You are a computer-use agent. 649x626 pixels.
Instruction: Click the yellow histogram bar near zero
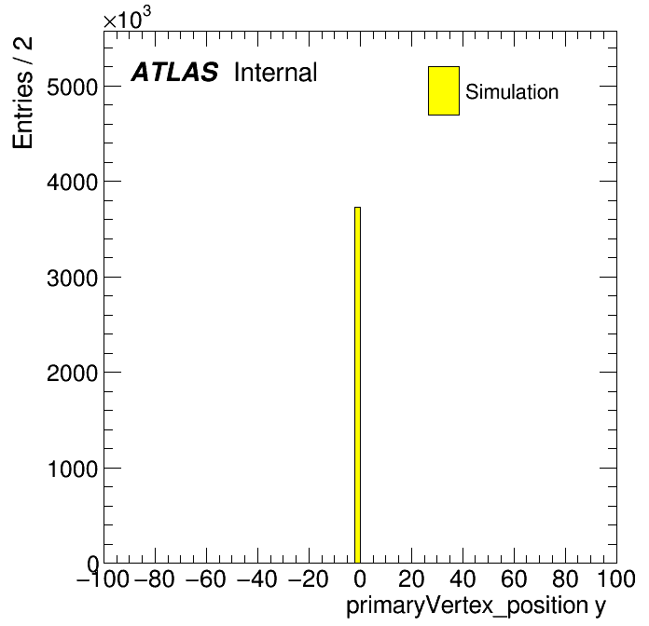tap(358, 385)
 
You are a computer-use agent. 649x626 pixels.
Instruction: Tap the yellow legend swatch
tap(444, 90)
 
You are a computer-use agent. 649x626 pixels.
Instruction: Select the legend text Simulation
tap(512, 91)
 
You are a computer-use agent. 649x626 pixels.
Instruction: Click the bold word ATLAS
tap(174, 72)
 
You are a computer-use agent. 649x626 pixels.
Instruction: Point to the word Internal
tap(276, 72)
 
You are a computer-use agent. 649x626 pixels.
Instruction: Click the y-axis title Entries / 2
tap(22, 92)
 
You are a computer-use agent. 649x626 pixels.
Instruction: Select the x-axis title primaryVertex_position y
tap(476, 606)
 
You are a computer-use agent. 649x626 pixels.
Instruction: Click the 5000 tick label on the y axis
tap(72, 87)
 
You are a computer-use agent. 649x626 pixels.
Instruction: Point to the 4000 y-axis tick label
tap(72, 182)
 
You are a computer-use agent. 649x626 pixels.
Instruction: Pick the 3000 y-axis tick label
tap(72, 278)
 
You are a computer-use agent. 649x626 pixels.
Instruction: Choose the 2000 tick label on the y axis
tap(72, 373)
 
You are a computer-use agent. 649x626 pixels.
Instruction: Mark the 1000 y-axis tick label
tap(73, 469)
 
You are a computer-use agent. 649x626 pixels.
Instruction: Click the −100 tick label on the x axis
tap(103, 578)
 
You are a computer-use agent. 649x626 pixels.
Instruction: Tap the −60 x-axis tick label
tap(206, 578)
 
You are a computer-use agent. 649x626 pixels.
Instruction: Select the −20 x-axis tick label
tap(309, 578)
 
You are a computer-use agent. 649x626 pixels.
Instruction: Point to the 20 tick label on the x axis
tap(411, 578)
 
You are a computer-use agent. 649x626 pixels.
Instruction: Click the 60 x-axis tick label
tap(514, 578)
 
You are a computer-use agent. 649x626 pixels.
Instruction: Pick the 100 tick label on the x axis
tap(615, 578)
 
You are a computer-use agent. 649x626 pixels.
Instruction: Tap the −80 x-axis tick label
tap(155, 578)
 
